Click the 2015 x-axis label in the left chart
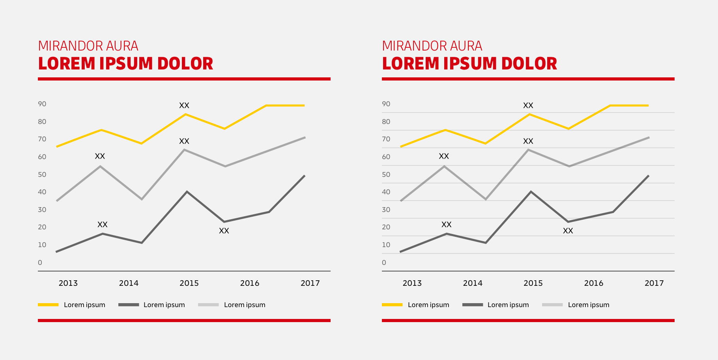pos(189,283)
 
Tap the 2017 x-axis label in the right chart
pos(654,283)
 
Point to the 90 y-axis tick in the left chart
pos(42,104)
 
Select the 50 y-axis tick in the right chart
pos(386,174)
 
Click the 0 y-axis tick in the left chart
pos(40,262)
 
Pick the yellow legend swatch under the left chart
pos(48,305)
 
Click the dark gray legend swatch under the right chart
pos(473,305)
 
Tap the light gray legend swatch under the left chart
pos(208,305)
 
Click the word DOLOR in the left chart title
pos(185,64)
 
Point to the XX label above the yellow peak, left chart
pos(184,105)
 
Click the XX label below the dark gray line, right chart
pos(568,231)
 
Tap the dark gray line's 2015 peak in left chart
pos(187,192)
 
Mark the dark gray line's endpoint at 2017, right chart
pos(649,176)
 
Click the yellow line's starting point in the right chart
pos(401,146)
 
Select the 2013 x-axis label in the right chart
pos(412,283)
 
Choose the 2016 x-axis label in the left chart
pos(250,283)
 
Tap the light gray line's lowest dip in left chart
pos(142,199)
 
